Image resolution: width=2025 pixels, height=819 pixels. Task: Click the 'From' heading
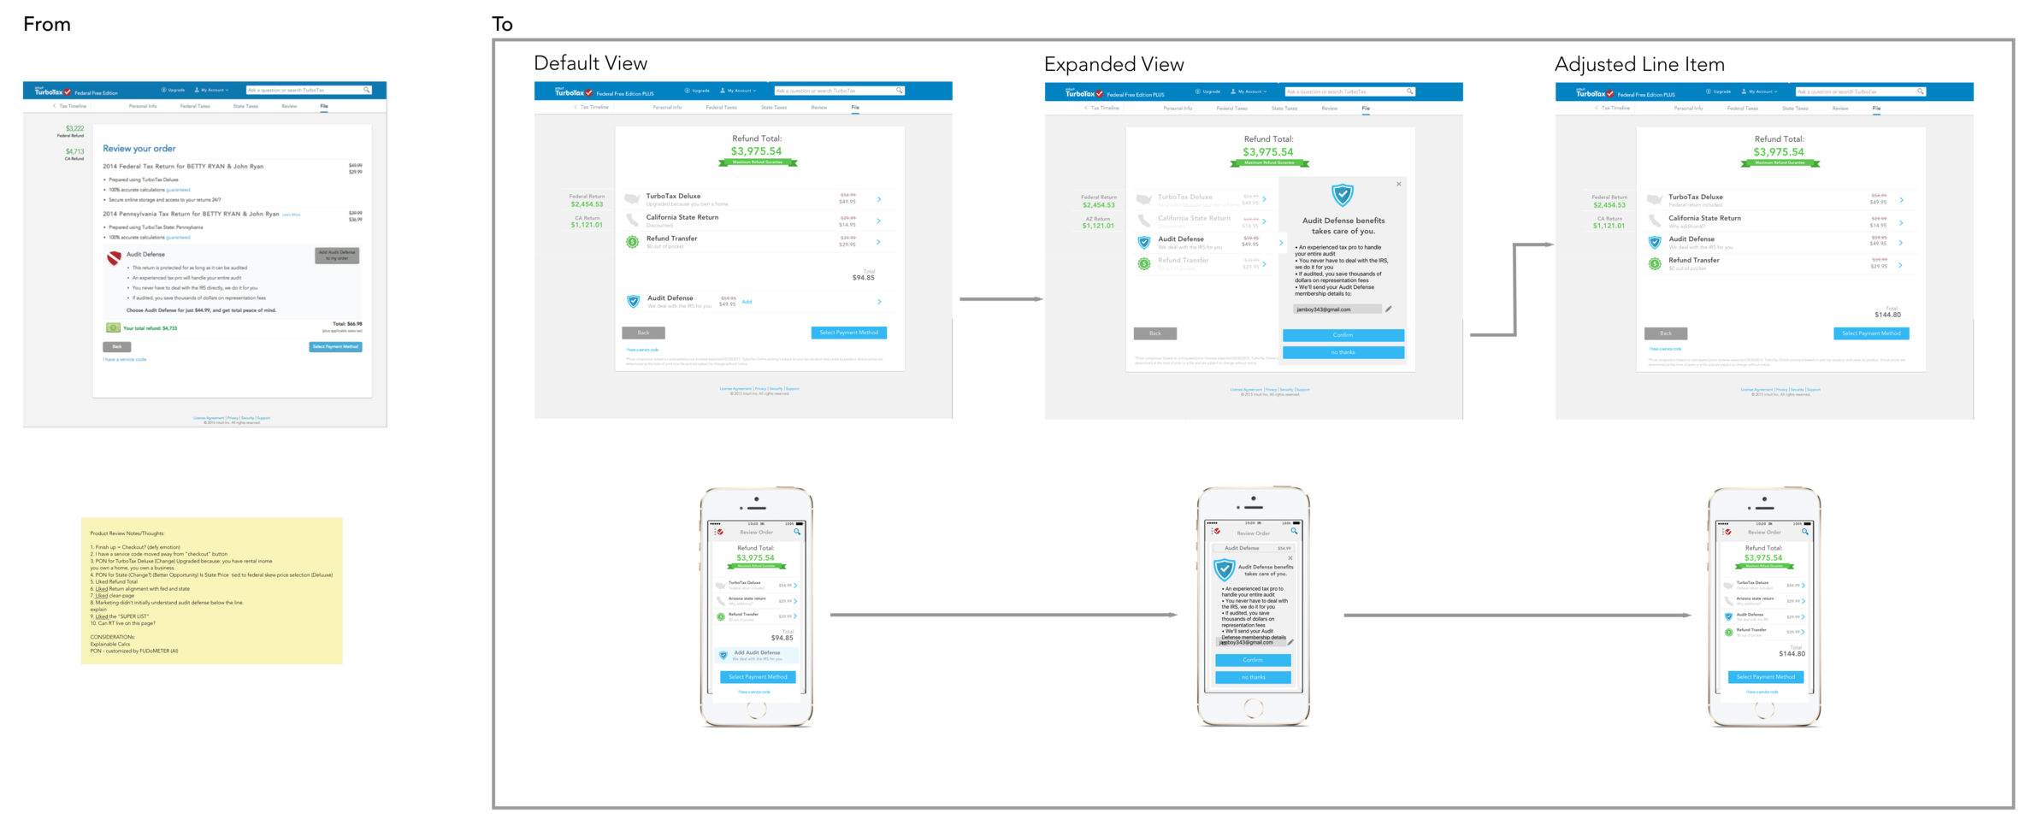pos(47,25)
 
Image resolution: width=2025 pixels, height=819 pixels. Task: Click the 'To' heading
pos(502,25)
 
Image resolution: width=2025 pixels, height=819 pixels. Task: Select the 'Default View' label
pos(590,63)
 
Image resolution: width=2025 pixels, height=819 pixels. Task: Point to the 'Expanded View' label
pos(1113,65)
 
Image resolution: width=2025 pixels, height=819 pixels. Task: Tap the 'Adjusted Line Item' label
pos(1638,65)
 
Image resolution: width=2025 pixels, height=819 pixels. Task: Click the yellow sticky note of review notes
pos(211,591)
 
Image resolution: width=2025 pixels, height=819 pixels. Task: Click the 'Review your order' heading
pos(139,149)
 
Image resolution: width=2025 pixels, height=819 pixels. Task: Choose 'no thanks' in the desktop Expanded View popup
pos(1343,352)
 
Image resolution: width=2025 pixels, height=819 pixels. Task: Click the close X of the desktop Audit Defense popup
pos(1399,184)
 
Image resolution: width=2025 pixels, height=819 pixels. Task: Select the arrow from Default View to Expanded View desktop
pos(999,299)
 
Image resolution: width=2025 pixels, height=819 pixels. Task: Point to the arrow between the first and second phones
pos(1002,615)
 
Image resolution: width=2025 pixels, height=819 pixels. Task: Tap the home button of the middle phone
pos(1253,708)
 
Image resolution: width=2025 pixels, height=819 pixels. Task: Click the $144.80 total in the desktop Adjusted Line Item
pos(1887,315)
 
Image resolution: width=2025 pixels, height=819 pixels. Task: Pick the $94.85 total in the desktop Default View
pos(863,278)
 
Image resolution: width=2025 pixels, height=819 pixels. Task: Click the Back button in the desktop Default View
pos(643,333)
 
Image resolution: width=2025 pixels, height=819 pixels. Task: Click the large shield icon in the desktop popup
pos(1343,195)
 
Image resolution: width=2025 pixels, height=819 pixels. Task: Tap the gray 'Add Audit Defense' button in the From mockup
pos(337,255)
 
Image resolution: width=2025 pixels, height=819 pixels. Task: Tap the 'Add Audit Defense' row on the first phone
pos(757,656)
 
